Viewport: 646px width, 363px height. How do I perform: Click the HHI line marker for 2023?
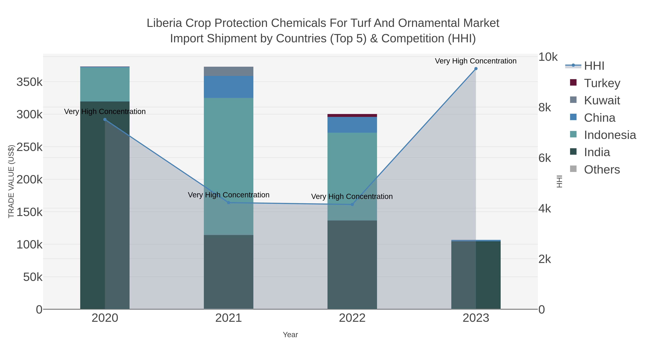[x=476, y=69]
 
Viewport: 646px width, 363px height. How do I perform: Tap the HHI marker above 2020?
[x=105, y=120]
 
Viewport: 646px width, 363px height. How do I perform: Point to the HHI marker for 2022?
[x=352, y=204]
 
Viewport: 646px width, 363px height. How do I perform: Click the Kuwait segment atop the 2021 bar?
[x=228, y=71]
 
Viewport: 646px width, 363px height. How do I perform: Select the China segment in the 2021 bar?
[x=228, y=87]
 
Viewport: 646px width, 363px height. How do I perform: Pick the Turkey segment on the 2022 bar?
[x=352, y=115]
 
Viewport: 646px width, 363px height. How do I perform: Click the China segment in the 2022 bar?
[x=352, y=125]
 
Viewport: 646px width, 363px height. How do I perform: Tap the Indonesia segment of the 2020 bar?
[x=105, y=84]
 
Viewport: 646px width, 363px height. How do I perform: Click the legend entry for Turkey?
[x=602, y=83]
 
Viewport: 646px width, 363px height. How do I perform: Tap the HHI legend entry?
[x=594, y=66]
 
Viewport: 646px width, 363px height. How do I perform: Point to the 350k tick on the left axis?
[x=29, y=82]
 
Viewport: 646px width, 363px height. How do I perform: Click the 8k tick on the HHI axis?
[x=545, y=108]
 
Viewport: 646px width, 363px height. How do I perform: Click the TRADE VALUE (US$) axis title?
[x=11, y=181]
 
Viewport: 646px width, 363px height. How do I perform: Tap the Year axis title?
[x=290, y=335]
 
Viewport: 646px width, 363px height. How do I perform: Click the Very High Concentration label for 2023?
[x=476, y=61]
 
